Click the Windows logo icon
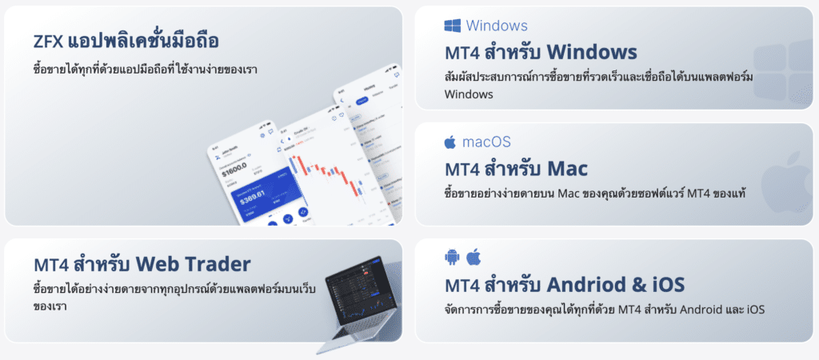(x=452, y=26)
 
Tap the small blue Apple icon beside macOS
(x=450, y=142)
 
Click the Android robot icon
(x=451, y=256)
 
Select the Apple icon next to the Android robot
(x=473, y=256)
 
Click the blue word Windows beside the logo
(x=497, y=26)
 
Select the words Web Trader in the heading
(x=193, y=264)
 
